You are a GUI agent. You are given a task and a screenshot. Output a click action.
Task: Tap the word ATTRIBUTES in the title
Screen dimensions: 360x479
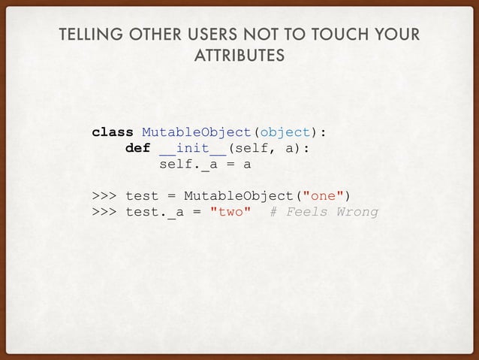pos(239,56)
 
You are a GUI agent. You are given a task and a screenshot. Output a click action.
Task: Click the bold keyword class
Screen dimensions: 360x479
pos(113,133)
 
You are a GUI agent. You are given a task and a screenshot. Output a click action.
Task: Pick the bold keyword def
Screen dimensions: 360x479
pos(137,148)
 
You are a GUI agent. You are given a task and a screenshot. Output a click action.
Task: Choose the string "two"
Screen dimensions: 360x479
pos(230,212)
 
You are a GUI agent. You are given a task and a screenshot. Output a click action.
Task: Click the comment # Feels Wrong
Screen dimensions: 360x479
pos(324,212)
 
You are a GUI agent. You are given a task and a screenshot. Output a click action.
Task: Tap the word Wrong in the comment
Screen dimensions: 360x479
pos(357,212)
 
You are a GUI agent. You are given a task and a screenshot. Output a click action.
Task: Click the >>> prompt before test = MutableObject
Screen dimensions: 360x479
pos(104,197)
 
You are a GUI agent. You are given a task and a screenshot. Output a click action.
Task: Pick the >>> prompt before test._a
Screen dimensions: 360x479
pos(104,212)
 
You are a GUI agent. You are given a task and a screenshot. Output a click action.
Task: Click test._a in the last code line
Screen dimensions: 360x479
pos(154,212)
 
